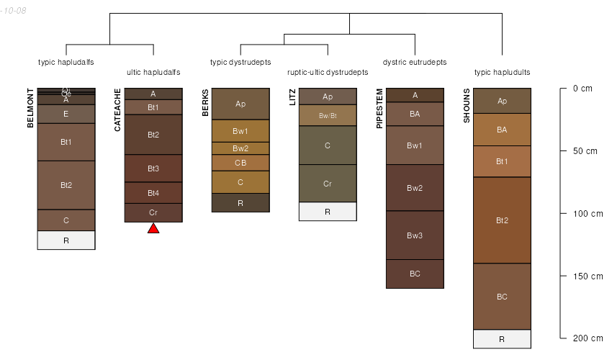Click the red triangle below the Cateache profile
click(153, 228)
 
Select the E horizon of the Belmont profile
click(66, 114)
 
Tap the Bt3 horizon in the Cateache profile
click(153, 168)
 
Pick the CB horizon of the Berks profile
click(240, 163)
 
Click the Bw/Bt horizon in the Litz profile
click(328, 115)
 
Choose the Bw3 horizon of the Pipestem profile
click(415, 235)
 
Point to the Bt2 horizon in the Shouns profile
click(502, 220)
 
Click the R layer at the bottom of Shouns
click(502, 338)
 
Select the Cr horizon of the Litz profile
click(328, 184)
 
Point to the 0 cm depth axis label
click(582, 89)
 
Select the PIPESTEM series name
click(380, 109)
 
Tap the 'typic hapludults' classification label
click(502, 72)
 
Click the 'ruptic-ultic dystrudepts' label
click(328, 72)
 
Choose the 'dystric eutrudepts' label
click(415, 62)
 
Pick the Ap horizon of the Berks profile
click(240, 104)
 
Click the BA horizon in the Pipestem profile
click(415, 114)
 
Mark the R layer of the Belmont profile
click(66, 240)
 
